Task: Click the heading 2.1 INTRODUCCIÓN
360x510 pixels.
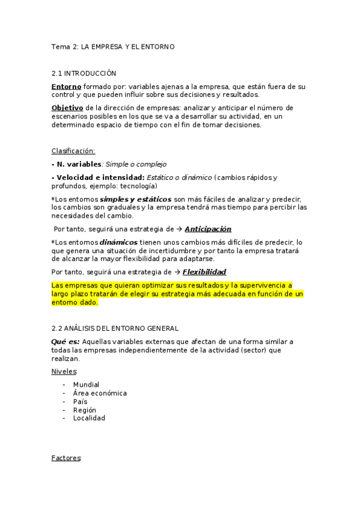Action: [84, 73]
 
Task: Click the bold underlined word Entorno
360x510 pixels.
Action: [66, 87]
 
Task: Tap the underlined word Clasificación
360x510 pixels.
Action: [73, 151]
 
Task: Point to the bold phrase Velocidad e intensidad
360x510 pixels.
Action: [98, 177]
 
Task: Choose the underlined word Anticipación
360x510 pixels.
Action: [208, 229]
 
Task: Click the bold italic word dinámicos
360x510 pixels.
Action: [118, 242]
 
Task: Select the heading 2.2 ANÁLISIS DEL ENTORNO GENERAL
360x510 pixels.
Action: [115, 328]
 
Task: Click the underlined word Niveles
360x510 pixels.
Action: [64, 371]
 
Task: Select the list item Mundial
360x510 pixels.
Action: [86, 384]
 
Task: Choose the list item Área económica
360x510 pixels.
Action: [100, 393]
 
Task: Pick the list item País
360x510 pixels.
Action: [80, 401]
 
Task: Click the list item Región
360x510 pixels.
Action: [84, 410]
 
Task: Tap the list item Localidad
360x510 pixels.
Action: [89, 418]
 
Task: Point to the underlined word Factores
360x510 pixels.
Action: [66, 458]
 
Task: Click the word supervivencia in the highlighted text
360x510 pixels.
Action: [262, 285]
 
